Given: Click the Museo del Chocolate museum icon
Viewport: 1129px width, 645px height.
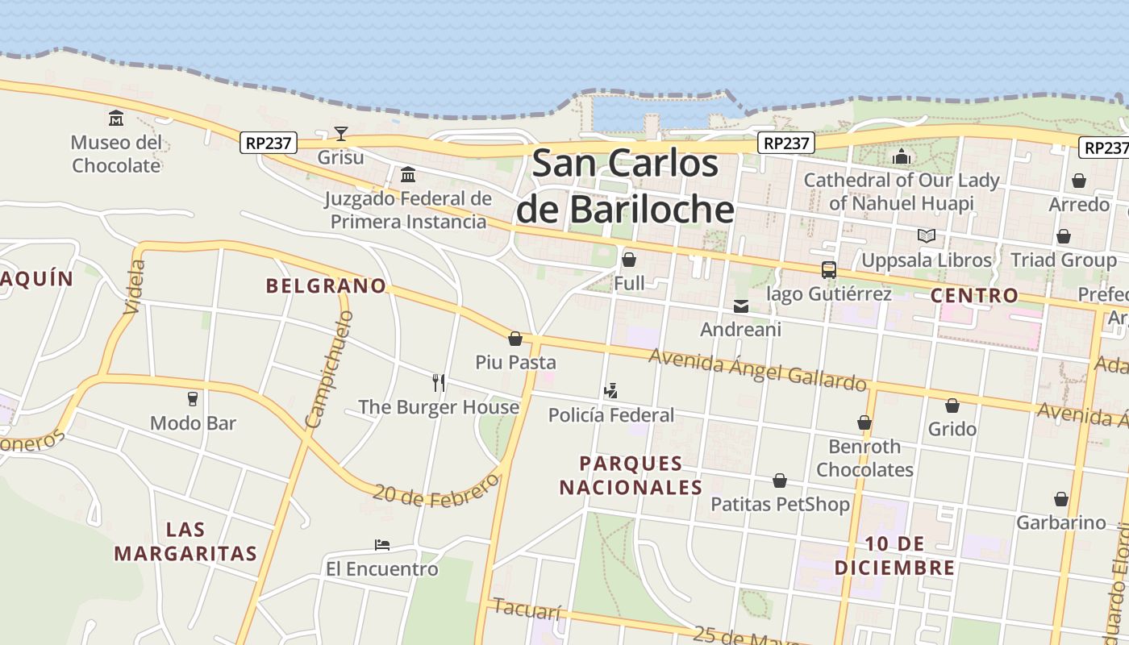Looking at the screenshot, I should coord(116,119).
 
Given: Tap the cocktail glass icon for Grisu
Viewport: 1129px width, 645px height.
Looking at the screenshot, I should coord(341,134).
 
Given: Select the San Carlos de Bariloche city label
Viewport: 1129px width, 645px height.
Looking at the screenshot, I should coord(625,186).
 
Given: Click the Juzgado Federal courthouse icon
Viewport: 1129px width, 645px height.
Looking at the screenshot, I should coord(408,174).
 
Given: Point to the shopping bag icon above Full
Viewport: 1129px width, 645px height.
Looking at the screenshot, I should coord(629,260).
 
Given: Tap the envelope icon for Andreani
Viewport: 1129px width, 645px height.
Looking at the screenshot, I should coord(740,306).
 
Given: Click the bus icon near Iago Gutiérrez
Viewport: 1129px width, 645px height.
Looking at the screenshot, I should coord(828,270).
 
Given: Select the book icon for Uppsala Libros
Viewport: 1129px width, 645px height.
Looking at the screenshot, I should coord(927,236).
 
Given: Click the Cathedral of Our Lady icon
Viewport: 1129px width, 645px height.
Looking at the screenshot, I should coord(901,156).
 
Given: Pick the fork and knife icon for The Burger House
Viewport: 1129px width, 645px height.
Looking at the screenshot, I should coord(439,382).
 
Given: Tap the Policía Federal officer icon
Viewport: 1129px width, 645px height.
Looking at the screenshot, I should coord(610,391).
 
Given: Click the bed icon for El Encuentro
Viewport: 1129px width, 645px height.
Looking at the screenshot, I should coord(382,545).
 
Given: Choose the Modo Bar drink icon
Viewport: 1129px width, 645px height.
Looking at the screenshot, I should coord(193,398).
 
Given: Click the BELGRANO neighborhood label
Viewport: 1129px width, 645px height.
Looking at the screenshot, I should coord(326,285).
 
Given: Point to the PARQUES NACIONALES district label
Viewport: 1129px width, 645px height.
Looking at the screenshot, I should coord(631,476).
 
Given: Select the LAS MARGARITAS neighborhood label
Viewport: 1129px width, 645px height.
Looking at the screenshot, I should coord(185,542).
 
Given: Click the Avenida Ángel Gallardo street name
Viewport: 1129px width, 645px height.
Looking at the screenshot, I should coord(757,368).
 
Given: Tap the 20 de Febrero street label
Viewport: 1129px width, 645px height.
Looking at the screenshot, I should coord(436,488).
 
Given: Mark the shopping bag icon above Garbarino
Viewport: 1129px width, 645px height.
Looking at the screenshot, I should coord(1061,499).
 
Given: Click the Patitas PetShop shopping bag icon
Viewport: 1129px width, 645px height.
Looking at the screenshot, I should coord(780,481).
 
